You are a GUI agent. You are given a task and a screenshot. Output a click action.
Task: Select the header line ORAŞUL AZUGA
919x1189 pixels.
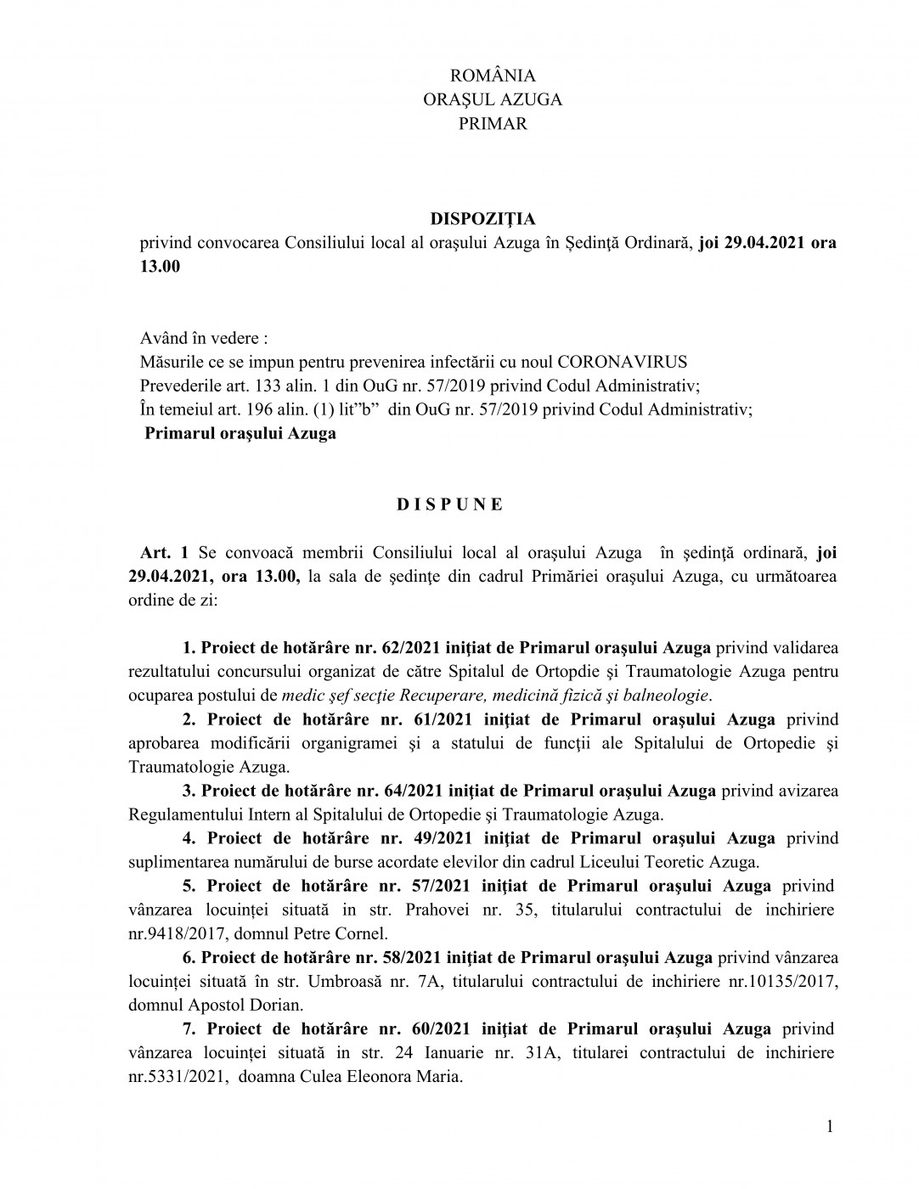pos(492,99)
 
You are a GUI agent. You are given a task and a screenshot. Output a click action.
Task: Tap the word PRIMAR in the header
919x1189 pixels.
pos(492,123)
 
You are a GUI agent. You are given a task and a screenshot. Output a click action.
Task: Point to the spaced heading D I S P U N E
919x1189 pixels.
pos(450,504)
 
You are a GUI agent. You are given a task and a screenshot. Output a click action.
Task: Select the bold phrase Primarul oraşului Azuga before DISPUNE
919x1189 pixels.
pos(240,433)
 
